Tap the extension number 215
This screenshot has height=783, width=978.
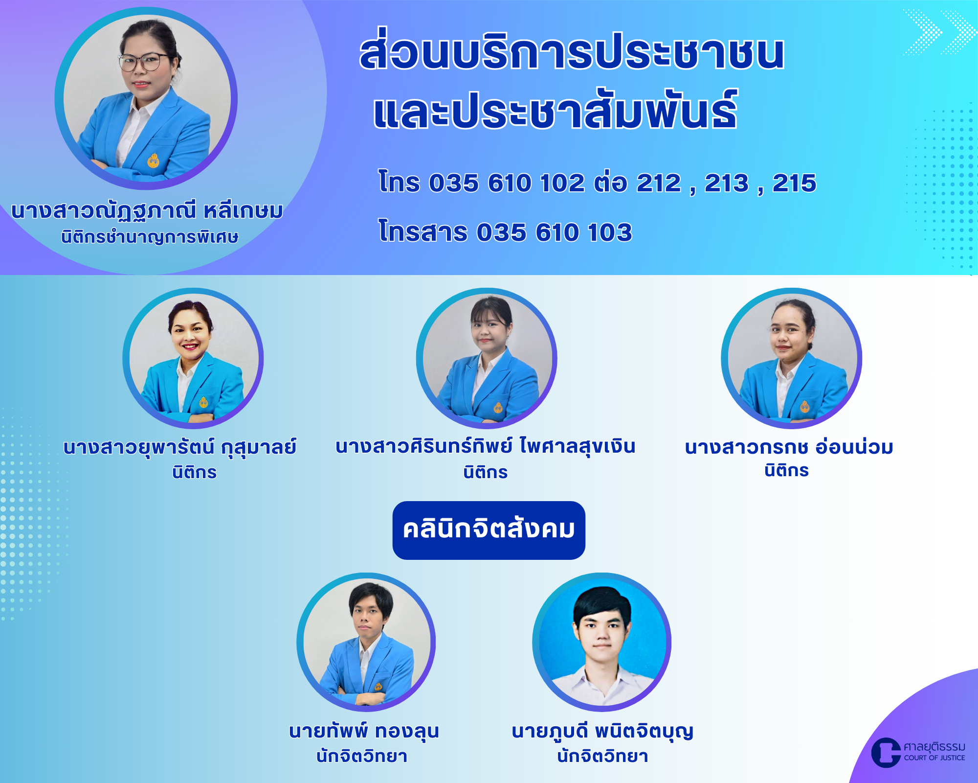(794, 183)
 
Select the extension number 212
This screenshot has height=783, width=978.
(659, 183)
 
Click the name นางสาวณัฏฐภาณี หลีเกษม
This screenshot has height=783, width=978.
(147, 211)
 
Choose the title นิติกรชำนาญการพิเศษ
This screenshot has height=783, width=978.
(150, 237)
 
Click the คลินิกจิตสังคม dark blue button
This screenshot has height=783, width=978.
(489, 530)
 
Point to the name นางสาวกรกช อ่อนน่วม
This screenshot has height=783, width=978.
(789, 447)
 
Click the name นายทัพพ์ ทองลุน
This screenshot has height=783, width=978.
(364, 731)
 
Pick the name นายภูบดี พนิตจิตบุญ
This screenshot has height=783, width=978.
(602, 731)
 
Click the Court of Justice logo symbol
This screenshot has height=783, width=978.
(886, 752)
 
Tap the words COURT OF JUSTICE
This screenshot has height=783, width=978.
(934, 758)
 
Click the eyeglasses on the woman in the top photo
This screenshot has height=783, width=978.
(142, 62)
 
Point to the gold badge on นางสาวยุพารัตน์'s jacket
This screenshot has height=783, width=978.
(203, 402)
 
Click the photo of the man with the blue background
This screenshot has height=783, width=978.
(602, 642)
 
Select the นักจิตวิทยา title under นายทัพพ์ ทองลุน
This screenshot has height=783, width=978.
(362, 756)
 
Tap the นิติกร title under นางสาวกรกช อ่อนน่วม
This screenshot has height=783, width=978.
(787, 470)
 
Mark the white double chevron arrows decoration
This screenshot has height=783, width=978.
(939, 32)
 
